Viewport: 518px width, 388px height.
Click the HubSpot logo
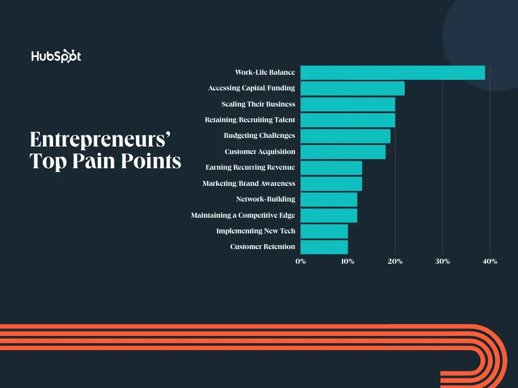(56, 56)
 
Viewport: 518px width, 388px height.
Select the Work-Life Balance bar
(393, 73)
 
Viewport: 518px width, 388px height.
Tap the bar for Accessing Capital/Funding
(353, 88)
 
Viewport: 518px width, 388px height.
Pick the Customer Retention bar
(324, 247)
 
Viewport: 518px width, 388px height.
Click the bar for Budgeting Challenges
(346, 136)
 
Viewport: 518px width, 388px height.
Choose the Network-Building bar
(329, 200)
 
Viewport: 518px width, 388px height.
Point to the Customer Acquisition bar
(343, 152)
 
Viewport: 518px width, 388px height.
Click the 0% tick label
(301, 261)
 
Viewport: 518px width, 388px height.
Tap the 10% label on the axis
(348, 261)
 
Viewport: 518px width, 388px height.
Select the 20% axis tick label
(395, 261)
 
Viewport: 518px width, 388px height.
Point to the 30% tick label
(442, 261)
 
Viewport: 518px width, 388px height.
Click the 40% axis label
(490, 261)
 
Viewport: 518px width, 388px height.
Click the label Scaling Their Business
(258, 104)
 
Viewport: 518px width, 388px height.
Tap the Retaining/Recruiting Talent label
(250, 120)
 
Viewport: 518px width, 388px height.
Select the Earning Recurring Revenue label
(250, 167)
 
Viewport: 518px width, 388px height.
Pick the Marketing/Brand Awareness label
(249, 183)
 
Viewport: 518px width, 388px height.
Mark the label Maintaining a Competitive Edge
(243, 215)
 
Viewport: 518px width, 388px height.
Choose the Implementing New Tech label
(255, 231)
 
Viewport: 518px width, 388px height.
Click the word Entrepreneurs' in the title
(100, 140)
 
